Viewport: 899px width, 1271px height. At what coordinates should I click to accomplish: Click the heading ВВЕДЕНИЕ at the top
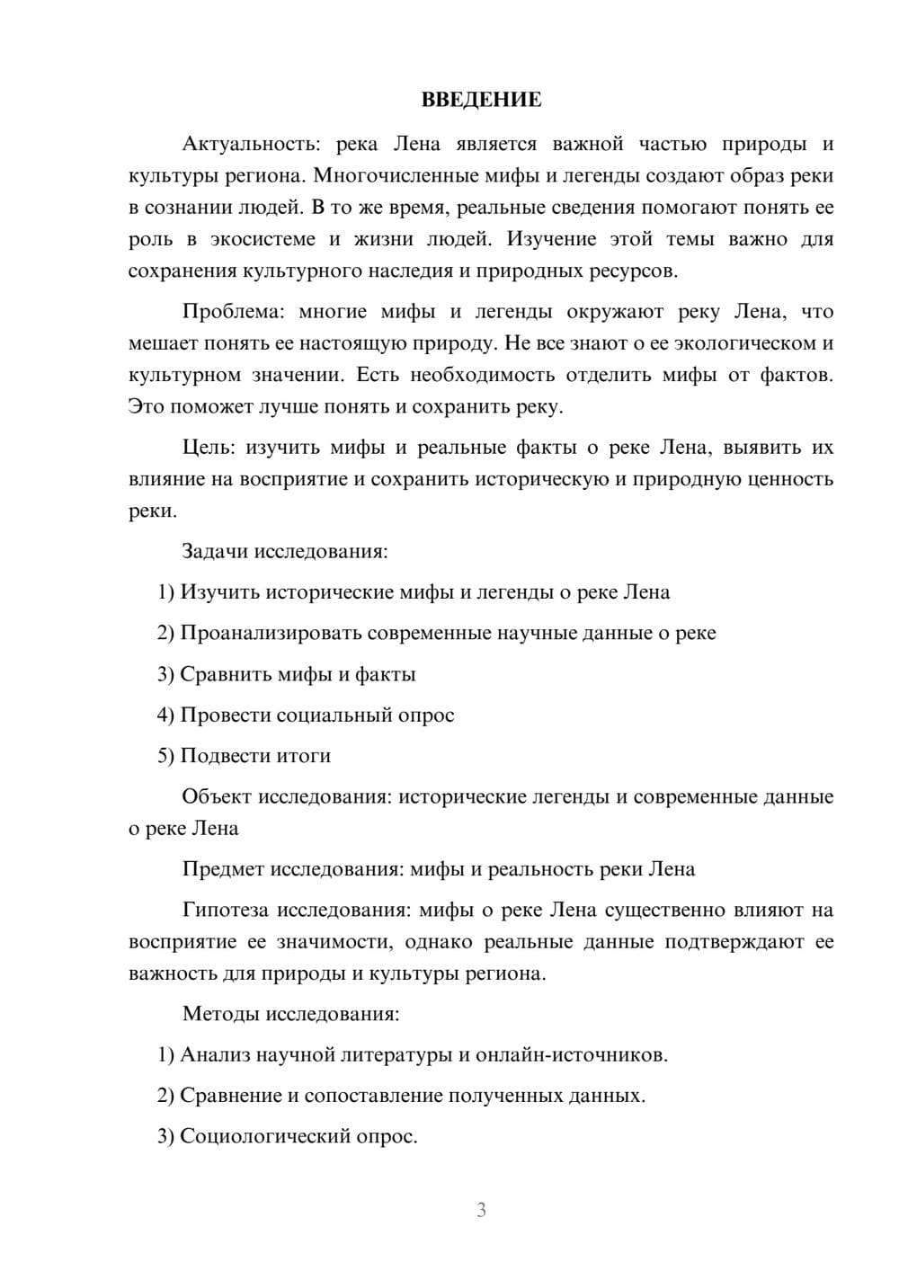coord(481,100)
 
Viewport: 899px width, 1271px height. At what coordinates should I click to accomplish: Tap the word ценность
coord(789,479)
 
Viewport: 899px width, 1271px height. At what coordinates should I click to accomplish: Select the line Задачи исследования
coord(285,551)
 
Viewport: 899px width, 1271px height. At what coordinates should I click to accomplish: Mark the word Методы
coord(220,1014)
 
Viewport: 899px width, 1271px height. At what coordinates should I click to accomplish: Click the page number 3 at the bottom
coord(481,1211)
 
